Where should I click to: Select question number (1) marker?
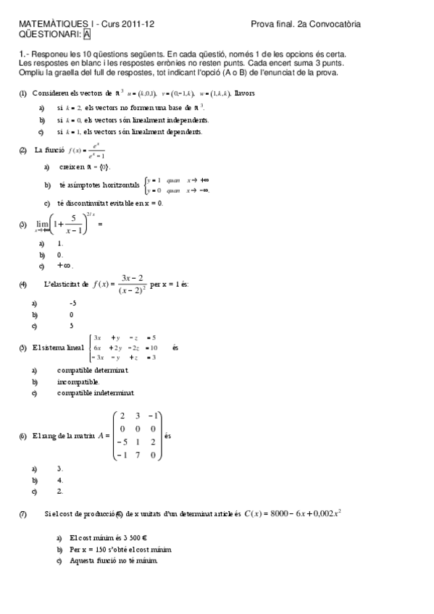pyautogui.click(x=23, y=93)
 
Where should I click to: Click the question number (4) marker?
pyautogui.click(x=23, y=285)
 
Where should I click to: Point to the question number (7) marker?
pyautogui.click(x=23, y=514)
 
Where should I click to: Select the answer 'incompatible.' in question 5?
pyautogui.click(x=79, y=382)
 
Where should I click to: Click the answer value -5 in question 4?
pyautogui.click(x=72, y=303)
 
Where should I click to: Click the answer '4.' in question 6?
pyautogui.click(x=60, y=480)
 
